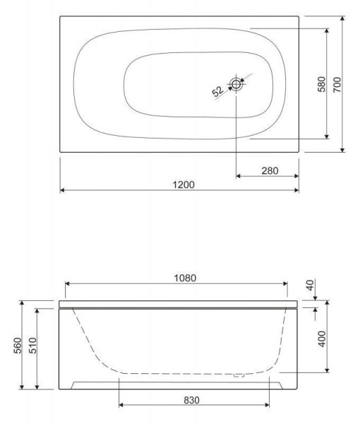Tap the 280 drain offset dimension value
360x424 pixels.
click(x=269, y=170)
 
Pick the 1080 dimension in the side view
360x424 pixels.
click(x=182, y=278)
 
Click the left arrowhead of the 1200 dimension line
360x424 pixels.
click(x=62, y=190)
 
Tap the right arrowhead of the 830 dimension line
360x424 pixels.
click(x=267, y=405)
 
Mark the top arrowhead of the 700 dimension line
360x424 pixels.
click(x=342, y=18)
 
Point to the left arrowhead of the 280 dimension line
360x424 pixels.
click(x=238, y=175)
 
